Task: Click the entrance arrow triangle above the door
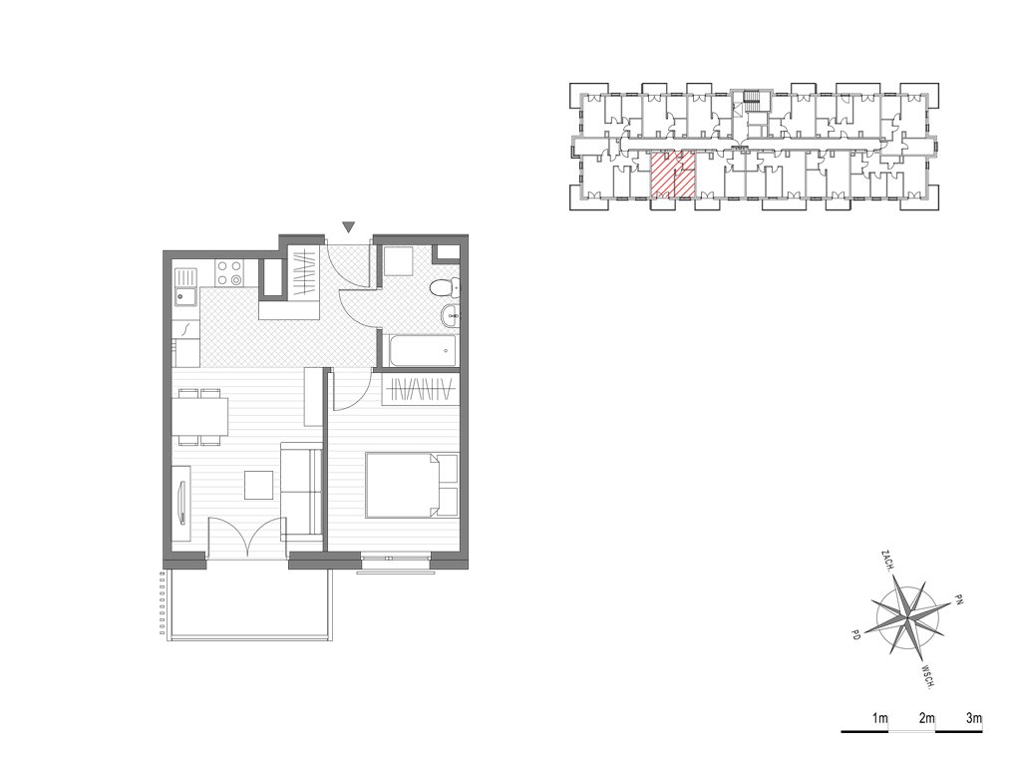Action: click(x=350, y=226)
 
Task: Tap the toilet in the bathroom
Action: click(x=446, y=286)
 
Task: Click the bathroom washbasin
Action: click(x=451, y=317)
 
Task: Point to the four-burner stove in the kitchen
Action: click(x=229, y=273)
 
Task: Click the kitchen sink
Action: click(x=186, y=286)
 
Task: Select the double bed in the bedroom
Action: click(x=412, y=485)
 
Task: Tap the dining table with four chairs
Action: click(x=200, y=417)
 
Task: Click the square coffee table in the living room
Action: click(x=259, y=486)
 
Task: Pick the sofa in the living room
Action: click(x=302, y=491)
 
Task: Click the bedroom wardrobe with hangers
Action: click(x=421, y=390)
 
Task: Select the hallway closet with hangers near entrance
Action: click(x=303, y=276)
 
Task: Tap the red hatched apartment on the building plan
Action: click(x=673, y=175)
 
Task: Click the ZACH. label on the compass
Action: click(x=886, y=561)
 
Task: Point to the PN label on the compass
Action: click(x=958, y=598)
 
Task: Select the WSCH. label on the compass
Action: click(x=929, y=676)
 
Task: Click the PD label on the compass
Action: click(x=855, y=633)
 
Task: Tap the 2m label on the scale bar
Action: click(x=926, y=719)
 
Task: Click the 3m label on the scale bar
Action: click(x=973, y=719)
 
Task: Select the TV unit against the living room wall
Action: click(x=181, y=504)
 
